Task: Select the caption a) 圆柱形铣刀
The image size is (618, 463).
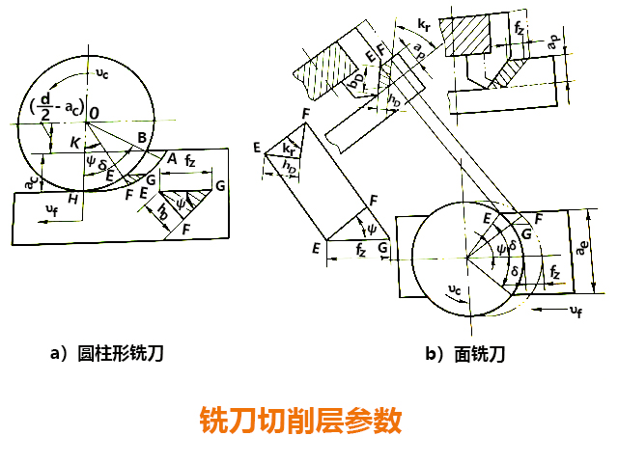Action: [x=107, y=354]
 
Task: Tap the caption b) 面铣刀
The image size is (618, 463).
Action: [x=465, y=354]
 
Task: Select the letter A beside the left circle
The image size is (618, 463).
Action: [x=171, y=158]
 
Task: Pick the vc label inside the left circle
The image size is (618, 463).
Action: [x=117, y=73]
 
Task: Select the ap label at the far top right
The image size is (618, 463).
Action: [x=552, y=43]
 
